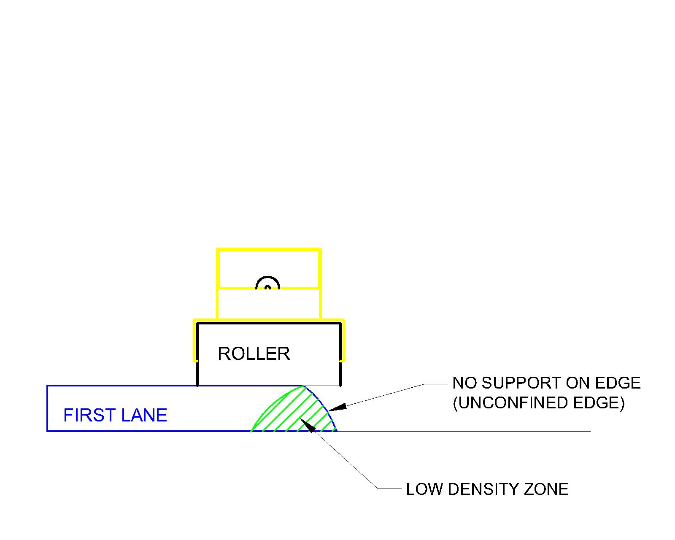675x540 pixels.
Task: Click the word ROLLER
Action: coord(254,354)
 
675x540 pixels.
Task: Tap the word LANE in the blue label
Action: coord(144,416)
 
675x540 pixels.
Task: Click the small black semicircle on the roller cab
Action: coord(268,283)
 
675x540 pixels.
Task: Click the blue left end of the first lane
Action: coord(47,408)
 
